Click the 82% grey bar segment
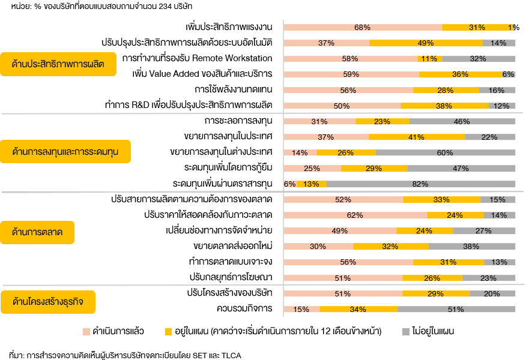(x=420, y=184)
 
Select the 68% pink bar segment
(x=363, y=28)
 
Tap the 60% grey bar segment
(x=445, y=152)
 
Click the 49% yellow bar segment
(x=426, y=43)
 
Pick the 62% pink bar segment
(x=355, y=215)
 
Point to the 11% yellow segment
(x=429, y=59)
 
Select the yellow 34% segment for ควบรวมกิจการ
(x=358, y=309)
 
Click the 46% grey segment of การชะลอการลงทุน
(x=462, y=121)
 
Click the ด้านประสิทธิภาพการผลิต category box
(x=58, y=64)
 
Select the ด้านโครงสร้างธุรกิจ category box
(x=48, y=302)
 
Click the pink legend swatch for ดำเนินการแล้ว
(x=85, y=331)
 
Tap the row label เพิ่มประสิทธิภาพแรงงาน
(x=229, y=28)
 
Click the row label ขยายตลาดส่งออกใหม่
(x=233, y=246)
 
